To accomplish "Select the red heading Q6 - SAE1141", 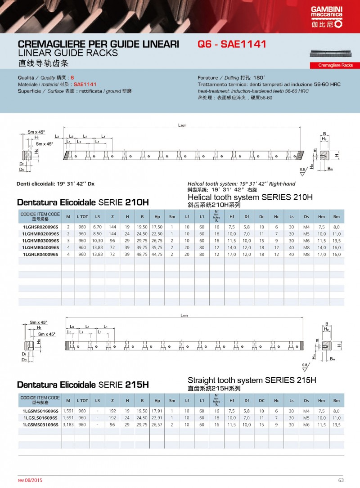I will coord(232,45).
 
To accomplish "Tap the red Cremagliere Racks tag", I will coord(335,66).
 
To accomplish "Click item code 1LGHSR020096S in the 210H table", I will coord(40,227).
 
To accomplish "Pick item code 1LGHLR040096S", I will coord(40,254).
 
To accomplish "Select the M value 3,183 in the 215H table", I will coord(68,425).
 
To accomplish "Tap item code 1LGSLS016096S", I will coord(40,418).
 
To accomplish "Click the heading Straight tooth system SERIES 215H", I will coord(252,381).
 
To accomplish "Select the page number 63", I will coord(341,479).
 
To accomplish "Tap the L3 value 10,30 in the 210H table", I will coord(98,241).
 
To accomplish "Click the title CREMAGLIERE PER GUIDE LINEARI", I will coord(98,45).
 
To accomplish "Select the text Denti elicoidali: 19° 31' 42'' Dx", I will coord(55,184).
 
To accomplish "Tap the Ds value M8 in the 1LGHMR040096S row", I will coord(306,247).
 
